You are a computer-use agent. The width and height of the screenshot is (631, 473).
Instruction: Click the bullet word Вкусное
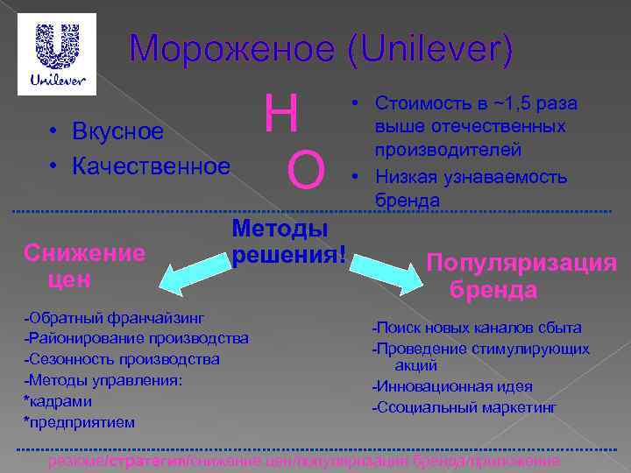[118, 132]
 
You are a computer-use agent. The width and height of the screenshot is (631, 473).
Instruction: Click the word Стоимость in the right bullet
[416, 104]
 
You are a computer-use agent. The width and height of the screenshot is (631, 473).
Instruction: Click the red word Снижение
[85, 254]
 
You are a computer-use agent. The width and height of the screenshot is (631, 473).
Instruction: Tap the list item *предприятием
[80, 422]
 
